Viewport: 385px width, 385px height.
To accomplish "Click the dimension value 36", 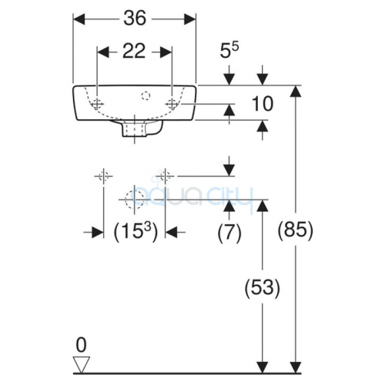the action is (x=135, y=18).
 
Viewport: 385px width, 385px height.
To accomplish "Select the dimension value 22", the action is (x=134, y=51).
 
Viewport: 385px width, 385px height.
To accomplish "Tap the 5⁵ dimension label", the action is (x=229, y=50).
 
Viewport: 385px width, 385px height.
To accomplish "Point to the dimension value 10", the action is (x=263, y=104).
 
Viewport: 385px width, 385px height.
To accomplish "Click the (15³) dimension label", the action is (x=136, y=232).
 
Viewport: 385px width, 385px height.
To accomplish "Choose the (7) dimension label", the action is (x=229, y=233).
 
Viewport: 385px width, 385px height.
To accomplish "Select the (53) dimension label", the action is (x=262, y=287).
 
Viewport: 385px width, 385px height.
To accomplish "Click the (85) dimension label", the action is (x=296, y=229).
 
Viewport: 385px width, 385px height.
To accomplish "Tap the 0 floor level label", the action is (x=81, y=345).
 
